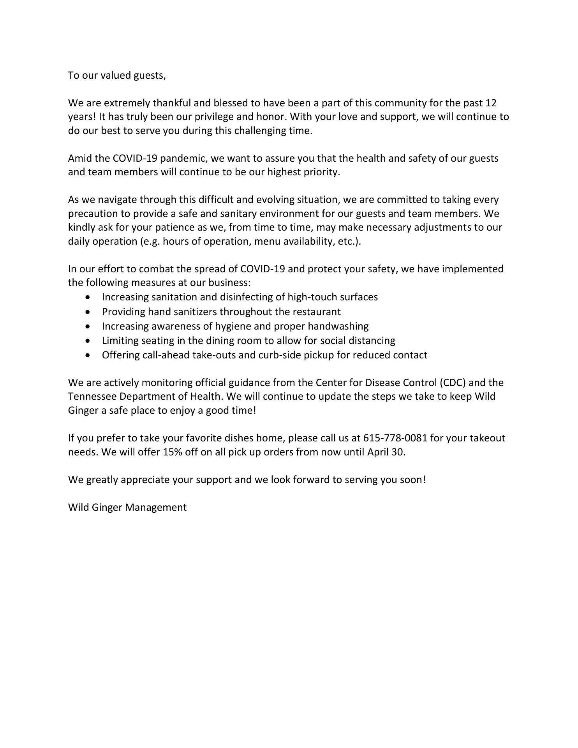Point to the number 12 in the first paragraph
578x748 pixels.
(491, 103)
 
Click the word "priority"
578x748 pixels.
(321, 172)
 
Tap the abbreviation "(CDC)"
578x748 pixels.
(453, 383)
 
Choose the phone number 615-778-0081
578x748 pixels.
(395, 438)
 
